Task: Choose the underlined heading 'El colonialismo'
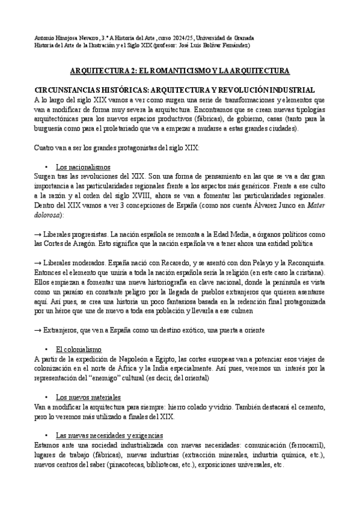(79, 349)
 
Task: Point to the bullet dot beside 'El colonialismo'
(46, 349)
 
